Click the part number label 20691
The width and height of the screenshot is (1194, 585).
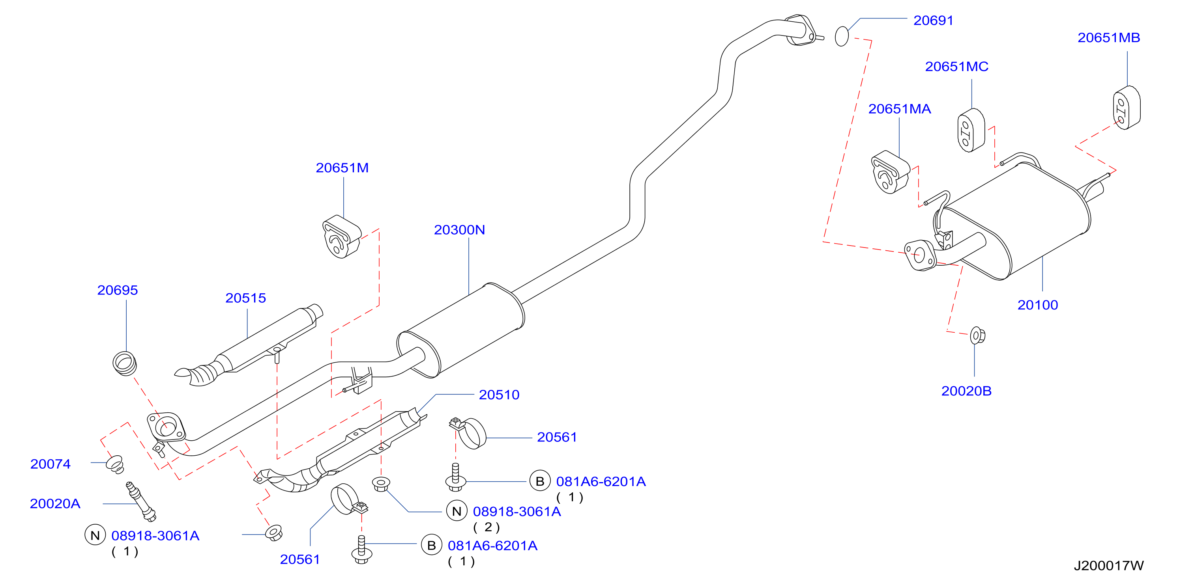point(933,20)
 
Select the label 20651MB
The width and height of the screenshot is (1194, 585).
point(1108,37)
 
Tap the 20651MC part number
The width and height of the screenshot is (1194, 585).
point(957,67)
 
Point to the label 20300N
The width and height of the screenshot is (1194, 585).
point(459,230)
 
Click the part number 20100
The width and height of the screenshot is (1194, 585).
point(1037,305)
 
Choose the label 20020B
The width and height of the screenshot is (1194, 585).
point(966,391)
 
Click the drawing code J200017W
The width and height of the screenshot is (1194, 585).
point(1109,566)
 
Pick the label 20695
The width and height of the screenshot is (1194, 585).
point(117,290)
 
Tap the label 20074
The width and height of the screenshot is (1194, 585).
point(51,464)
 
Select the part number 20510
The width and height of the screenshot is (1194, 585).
point(499,395)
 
